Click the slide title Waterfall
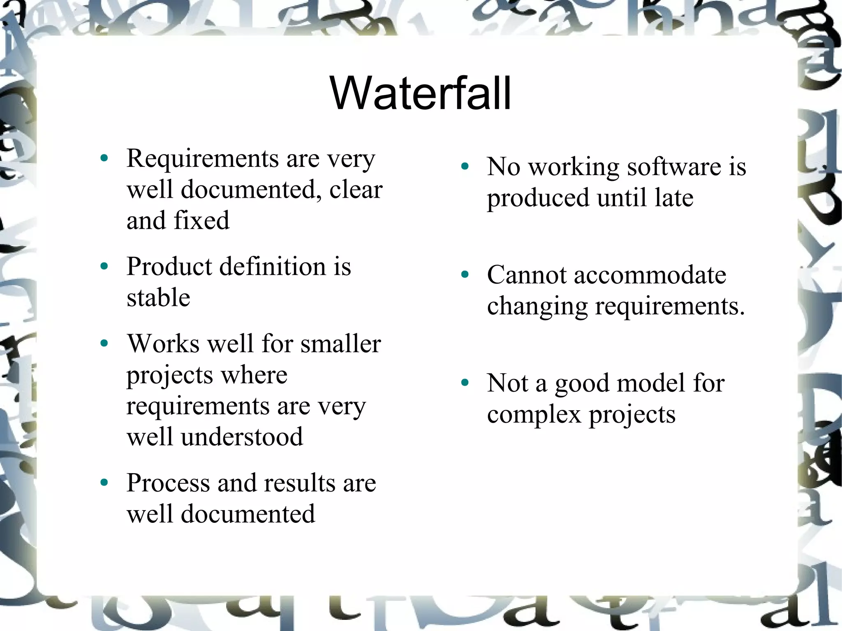pyautogui.click(x=420, y=94)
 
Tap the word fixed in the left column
pyautogui.click(x=201, y=220)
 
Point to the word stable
pyautogui.click(x=158, y=297)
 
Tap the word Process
pyautogui.click(x=169, y=483)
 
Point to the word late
pyautogui.click(x=674, y=198)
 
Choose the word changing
pyautogui.click(x=537, y=307)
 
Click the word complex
pyautogui.click(x=534, y=414)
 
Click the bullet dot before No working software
pyautogui.click(x=465, y=166)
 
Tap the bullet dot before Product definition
pyautogui.click(x=104, y=266)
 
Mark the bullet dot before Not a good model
pyautogui.click(x=465, y=383)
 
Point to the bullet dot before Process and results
pyautogui.click(x=104, y=482)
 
